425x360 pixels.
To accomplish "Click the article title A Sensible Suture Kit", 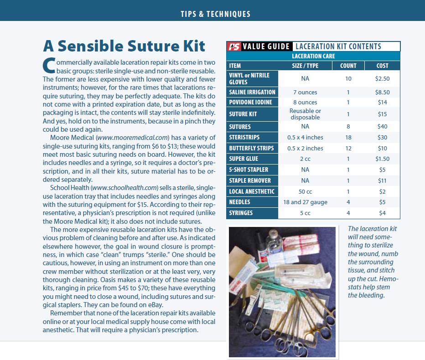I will click(124, 46).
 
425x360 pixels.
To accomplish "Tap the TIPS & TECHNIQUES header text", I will click(212, 14).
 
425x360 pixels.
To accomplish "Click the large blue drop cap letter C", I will click(48, 66).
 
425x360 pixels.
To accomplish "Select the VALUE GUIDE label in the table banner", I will click(266, 46).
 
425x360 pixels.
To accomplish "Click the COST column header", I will click(382, 66).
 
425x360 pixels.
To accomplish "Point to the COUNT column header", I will click(348, 66).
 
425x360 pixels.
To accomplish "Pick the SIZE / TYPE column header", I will click(305, 66).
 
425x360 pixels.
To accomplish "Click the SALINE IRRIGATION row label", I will click(252, 92).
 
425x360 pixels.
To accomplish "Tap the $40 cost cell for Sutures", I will click(382, 127).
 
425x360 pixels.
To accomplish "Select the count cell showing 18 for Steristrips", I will click(348, 138).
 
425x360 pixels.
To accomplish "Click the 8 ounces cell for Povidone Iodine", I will click(305, 103).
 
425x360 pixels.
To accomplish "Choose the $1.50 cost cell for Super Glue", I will click(382, 159).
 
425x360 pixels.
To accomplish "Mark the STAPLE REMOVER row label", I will click(250, 180).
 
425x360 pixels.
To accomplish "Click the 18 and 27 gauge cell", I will click(305, 202).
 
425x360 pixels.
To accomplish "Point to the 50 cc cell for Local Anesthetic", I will click(305, 191).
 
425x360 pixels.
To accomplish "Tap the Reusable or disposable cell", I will click(305, 114).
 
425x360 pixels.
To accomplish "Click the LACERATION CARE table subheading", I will click(313, 57).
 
